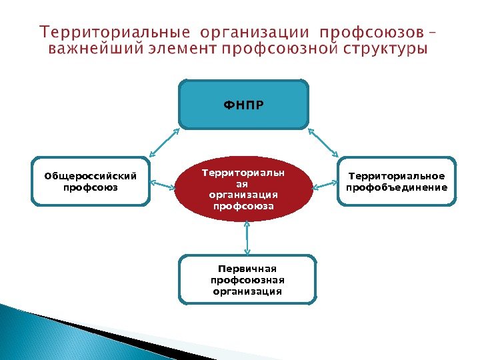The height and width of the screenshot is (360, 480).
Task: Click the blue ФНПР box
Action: click(x=243, y=104)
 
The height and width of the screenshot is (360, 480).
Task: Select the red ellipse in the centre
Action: click(x=243, y=189)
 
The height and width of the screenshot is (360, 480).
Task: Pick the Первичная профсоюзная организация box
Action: click(x=247, y=280)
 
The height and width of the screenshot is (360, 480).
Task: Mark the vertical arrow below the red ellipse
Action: click(x=247, y=237)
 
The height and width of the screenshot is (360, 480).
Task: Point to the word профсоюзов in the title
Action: click(x=371, y=33)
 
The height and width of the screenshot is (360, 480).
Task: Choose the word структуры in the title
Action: click(x=386, y=49)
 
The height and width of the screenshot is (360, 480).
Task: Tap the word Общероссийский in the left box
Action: click(x=91, y=176)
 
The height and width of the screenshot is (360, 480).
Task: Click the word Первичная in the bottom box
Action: click(x=247, y=269)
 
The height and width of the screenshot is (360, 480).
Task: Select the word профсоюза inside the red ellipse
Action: click(x=243, y=206)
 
